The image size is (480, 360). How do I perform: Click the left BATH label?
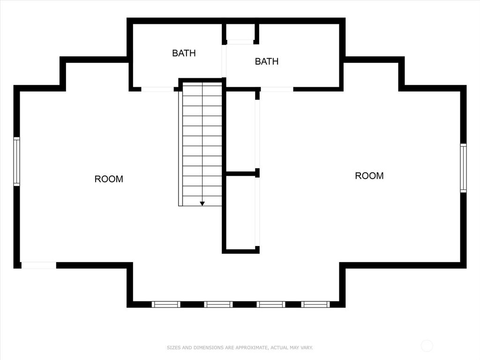pos(184,53)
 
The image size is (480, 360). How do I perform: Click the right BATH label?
pos(267,61)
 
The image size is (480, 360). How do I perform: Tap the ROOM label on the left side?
pos(109,179)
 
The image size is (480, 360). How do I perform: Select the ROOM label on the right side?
pos(369,176)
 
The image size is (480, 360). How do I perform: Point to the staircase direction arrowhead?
pos(202,203)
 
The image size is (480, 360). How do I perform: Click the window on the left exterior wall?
pos(17,162)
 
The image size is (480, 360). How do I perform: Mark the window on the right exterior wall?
pos(463,168)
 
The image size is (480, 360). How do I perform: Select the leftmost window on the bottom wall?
pos(166,304)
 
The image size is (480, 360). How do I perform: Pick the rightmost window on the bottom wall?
pos(315,304)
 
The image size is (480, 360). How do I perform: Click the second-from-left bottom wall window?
pos(218,304)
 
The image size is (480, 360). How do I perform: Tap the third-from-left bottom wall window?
pos(271,304)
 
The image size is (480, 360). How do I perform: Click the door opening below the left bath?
pos(157,89)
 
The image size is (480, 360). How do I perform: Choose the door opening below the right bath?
pos(277,89)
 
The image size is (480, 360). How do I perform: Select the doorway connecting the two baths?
pos(224,61)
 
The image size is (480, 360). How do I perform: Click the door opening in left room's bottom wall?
pos(39,265)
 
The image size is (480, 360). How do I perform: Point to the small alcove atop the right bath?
pos(240,32)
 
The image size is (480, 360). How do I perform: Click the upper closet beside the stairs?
pos(240,131)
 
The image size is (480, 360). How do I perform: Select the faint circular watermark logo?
pos(427,346)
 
